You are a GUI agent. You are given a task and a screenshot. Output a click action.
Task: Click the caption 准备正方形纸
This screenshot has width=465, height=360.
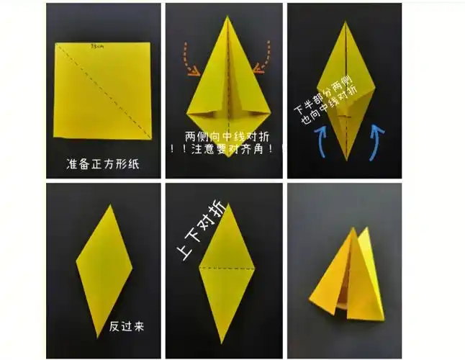[102, 164]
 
